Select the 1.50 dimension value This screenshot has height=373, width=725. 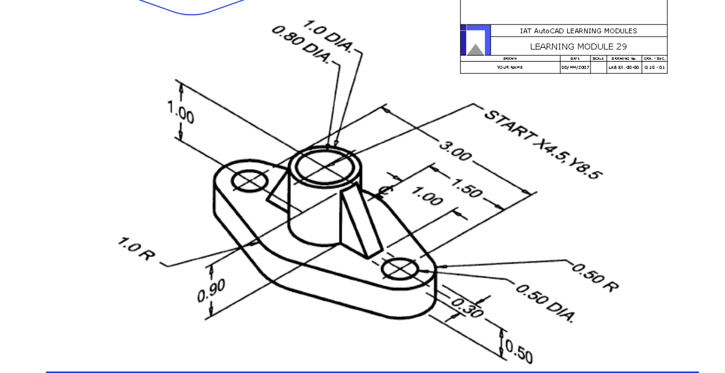(468, 189)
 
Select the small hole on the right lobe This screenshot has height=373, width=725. (400, 269)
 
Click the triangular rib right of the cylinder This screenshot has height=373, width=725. (359, 222)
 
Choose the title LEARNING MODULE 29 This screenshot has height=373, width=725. (578, 47)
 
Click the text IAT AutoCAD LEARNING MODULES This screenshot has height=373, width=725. (578, 31)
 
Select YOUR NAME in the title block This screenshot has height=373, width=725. (509, 68)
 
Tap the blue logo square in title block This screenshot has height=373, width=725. (474, 40)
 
